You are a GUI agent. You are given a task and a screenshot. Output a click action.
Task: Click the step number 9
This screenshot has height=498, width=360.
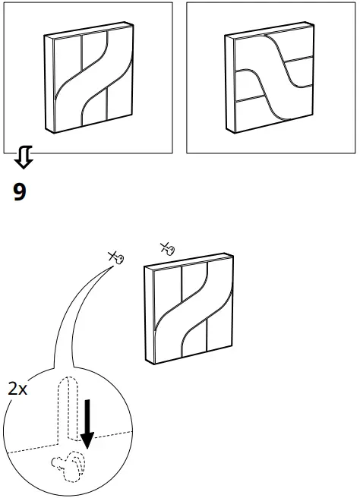click(20, 191)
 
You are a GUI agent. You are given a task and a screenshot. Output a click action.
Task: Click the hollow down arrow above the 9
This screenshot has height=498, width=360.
click(23, 158)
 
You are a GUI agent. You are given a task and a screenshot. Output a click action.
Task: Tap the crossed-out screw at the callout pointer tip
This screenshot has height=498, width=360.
click(117, 259)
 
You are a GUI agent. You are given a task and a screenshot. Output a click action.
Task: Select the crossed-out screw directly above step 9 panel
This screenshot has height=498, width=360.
click(167, 247)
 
